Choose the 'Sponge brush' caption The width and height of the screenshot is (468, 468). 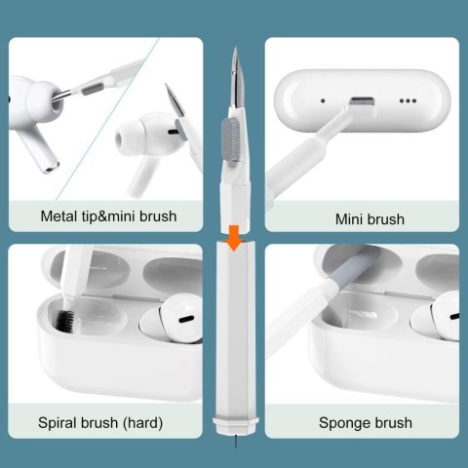365,422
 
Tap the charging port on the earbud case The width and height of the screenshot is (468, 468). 363,100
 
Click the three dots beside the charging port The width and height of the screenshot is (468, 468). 408,100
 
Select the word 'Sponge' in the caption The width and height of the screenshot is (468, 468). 344,422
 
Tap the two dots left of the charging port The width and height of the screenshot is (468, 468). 322,100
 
